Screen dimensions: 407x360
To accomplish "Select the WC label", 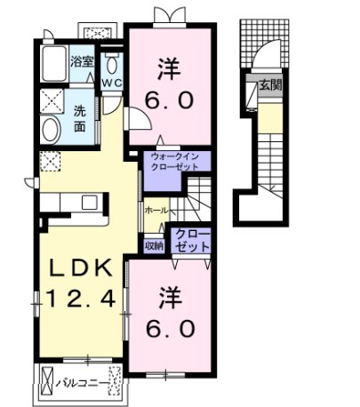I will pyautogui.click(x=111, y=84).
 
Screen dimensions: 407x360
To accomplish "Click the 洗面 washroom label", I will pyautogui.click(x=81, y=121).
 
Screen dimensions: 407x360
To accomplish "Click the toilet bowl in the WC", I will pyautogui.click(x=111, y=65).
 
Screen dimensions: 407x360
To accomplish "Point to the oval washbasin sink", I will pyautogui.click(x=51, y=130).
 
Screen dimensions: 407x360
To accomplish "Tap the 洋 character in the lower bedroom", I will pyautogui.click(x=171, y=294).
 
